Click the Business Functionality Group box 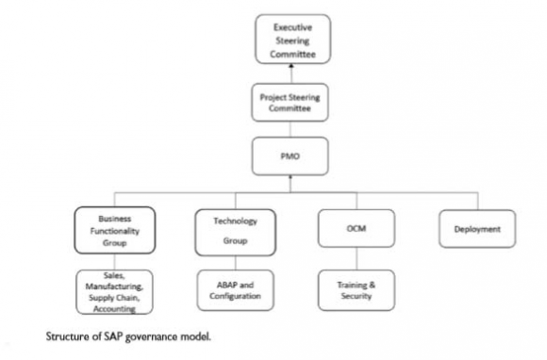tap(113, 229)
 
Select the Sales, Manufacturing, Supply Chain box tap(113, 292)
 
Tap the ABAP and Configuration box tap(232, 288)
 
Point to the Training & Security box tap(351, 288)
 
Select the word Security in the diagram tap(351, 295)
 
